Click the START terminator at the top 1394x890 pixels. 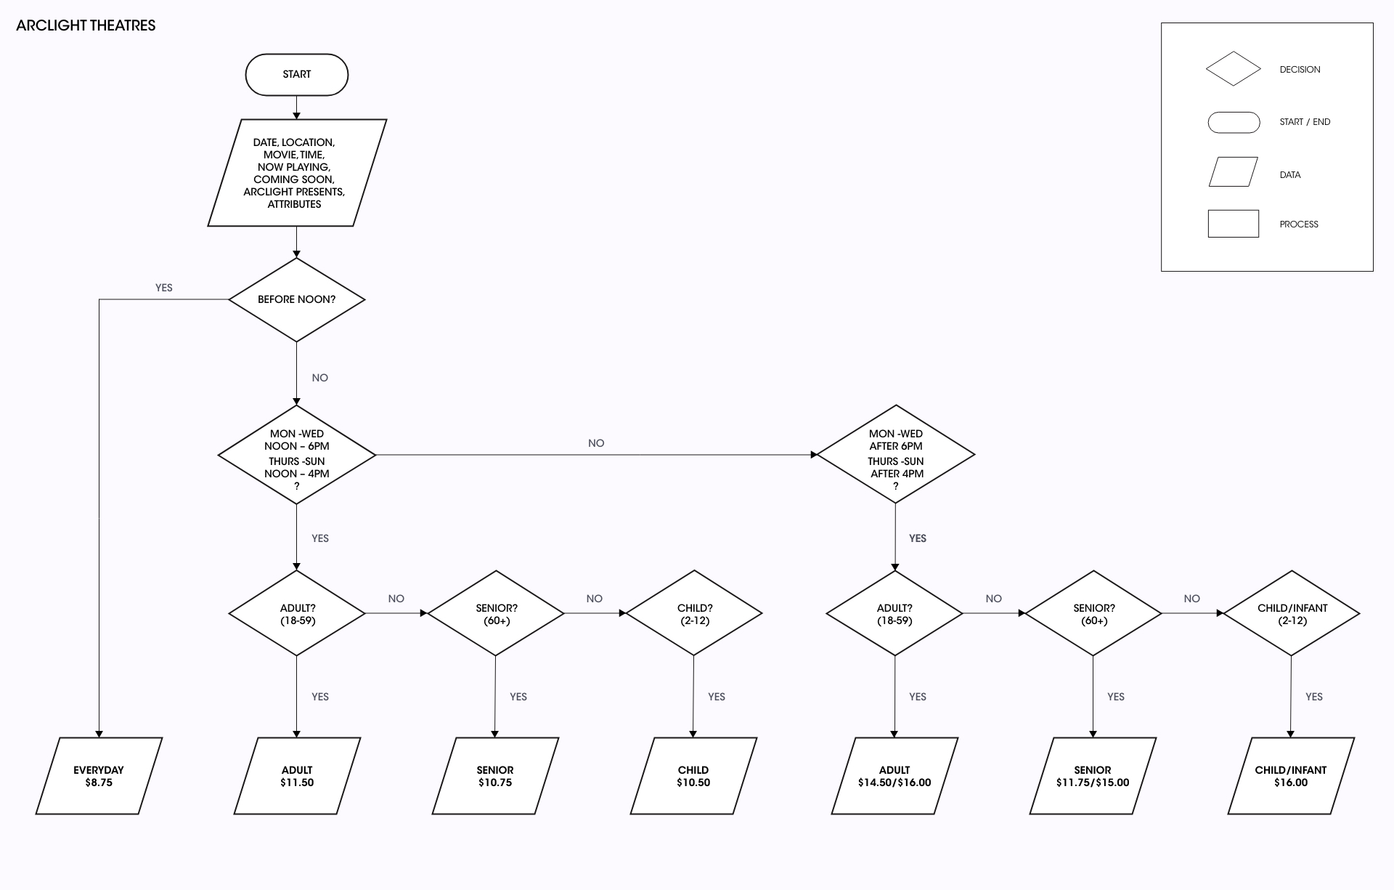[297, 74]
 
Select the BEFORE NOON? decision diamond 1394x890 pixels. [297, 299]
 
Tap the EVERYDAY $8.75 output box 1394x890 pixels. [99, 776]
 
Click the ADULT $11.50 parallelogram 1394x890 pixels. [297, 776]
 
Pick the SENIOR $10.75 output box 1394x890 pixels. [495, 776]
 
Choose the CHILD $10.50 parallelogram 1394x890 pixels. [693, 776]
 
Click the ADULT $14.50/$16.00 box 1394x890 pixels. [894, 776]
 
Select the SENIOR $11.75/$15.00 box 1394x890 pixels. [1093, 776]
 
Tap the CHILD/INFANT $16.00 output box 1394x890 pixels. [1291, 776]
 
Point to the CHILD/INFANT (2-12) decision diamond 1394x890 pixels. [1292, 613]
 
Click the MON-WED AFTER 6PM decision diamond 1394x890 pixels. [896, 455]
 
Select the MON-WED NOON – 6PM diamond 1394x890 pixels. [297, 455]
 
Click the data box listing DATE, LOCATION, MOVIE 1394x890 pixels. [297, 173]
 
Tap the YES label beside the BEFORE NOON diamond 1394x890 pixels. [164, 288]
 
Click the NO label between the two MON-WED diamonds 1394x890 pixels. [596, 443]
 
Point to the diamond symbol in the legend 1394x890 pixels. [1234, 69]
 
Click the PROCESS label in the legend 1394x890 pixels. [1299, 224]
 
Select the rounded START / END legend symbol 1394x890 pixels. [1234, 122]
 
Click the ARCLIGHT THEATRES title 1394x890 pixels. [86, 25]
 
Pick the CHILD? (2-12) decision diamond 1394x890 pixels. [694, 613]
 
